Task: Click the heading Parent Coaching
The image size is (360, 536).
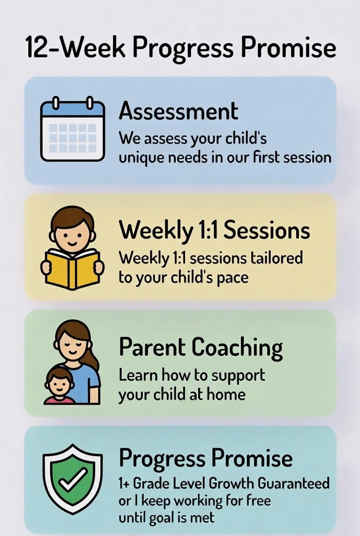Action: (201, 347)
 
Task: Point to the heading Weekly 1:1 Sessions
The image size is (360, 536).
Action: (214, 231)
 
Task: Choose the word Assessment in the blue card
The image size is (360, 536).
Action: (179, 112)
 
